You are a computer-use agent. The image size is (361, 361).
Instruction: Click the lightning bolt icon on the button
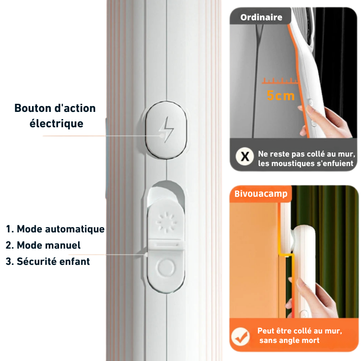pyautogui.click(x=166, y=130)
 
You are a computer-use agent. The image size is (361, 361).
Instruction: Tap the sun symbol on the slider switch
pyautogui.click(x=165, y=222)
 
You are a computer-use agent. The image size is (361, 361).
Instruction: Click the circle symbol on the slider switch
pyautogui.click(x=165, y=268)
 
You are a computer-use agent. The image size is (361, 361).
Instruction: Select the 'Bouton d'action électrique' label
pyautogui.click(x=55, y=116)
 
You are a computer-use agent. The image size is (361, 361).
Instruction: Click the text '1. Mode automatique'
pyautogui.click(x=55, y=229)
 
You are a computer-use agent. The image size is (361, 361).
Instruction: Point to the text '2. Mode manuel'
pyautogui.click(x=43, y=245)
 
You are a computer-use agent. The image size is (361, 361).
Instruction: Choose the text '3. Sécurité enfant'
pyautogui.click(x=48, y=261)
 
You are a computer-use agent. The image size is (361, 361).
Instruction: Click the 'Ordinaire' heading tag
pyautogui.click(x=261, y=18)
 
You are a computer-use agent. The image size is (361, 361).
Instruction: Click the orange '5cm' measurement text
pyautogui.click(x=281, y=96)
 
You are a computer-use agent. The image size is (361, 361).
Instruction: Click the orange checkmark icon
pyautogui.click(x=240, y=336)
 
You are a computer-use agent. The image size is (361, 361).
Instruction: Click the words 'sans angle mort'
pyautogui.click(x=289, y=340)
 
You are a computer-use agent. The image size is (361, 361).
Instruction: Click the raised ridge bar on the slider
pyautogui.click(x=165, y=245)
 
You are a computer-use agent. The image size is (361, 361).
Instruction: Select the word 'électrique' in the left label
pyautogui.click(x=56, y=123)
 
